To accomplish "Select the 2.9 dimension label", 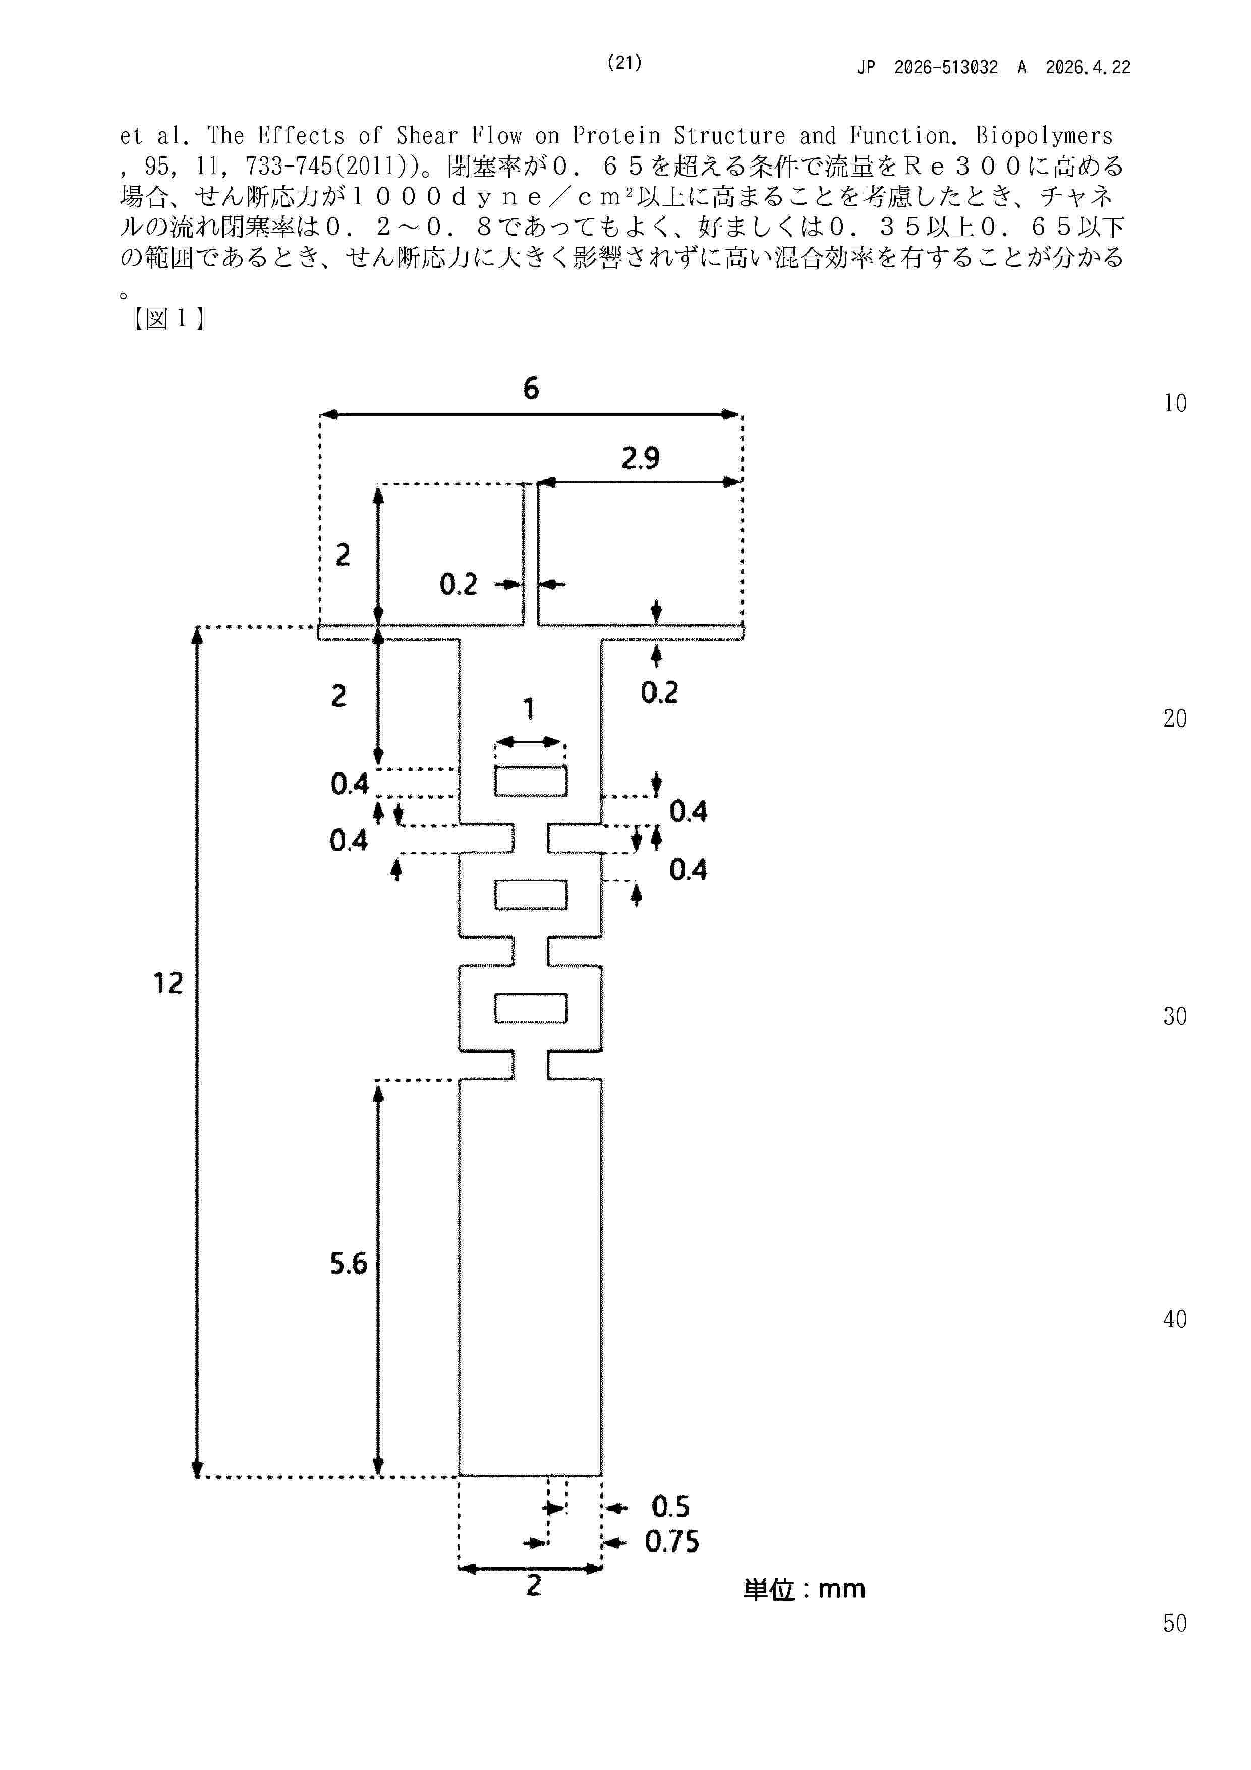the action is click(641, 458).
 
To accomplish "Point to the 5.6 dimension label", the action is click(349, 1263).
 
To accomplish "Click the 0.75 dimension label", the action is click(672, 1542).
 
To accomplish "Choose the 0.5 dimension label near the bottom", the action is click(670, 1506).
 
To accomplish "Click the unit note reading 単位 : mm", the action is click(805, 1589).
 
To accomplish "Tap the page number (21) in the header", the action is click(624, 63).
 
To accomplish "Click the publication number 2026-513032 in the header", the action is click(946, 67).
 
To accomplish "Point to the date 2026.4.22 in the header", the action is click(1088, 67).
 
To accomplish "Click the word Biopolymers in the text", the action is click(1044, 136).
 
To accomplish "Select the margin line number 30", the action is click(1175, 1016).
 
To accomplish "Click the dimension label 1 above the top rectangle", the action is click(529, 708).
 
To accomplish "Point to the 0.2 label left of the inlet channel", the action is click(459, 584).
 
